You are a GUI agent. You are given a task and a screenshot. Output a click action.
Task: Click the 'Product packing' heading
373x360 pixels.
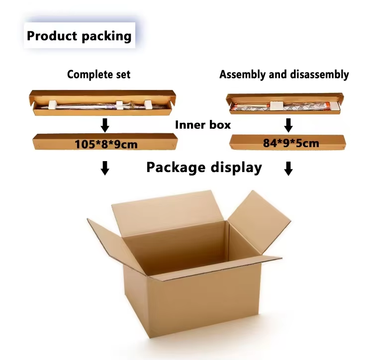click(79, 36)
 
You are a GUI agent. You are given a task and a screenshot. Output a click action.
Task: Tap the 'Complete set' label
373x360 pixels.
click(98, 75)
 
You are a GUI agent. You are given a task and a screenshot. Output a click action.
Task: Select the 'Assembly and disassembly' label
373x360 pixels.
click(284, 75)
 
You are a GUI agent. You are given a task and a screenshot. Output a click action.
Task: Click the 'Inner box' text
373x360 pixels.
click(203, 124)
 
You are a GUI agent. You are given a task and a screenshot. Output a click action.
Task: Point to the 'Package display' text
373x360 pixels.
click(204, 167)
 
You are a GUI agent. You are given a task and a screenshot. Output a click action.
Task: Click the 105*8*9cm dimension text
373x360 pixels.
click(106, 145)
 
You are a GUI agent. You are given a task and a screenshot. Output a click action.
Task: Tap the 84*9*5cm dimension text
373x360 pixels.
click(291, 144)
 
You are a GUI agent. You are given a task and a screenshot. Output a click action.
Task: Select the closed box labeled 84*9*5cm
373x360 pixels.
click(244, 143)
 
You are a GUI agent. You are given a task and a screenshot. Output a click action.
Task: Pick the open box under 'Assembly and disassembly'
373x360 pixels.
click(284, 103)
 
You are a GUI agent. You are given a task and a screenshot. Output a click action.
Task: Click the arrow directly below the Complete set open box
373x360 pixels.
click(104, 124)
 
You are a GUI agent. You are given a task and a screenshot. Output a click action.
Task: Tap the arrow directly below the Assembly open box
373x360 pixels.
click(287, 124)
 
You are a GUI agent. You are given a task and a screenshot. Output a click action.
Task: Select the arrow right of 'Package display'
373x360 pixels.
click(288, 169)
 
